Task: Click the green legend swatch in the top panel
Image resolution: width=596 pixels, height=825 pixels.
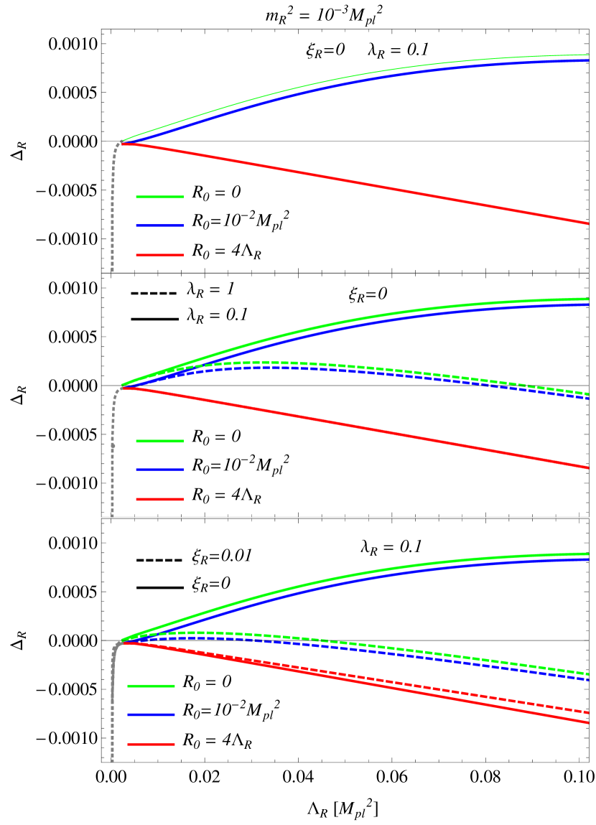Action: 159,197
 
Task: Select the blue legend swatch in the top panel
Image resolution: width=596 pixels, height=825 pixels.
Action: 159,225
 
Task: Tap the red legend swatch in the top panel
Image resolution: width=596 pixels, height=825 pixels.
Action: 159,255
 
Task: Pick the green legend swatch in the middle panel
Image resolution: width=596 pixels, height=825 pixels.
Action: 159,441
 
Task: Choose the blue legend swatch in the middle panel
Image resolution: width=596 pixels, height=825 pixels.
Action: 159,470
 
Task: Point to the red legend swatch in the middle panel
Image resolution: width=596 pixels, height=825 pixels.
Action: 159,499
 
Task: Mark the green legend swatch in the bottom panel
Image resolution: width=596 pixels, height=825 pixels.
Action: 151,686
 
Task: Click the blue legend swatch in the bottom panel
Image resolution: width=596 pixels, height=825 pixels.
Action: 151,714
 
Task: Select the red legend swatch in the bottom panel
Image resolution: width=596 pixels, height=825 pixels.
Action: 151,744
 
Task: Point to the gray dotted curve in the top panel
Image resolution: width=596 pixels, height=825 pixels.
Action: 112,215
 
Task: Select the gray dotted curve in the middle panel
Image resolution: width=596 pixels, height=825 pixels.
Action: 112,467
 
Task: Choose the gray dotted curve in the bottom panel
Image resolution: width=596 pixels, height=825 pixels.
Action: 112,718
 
